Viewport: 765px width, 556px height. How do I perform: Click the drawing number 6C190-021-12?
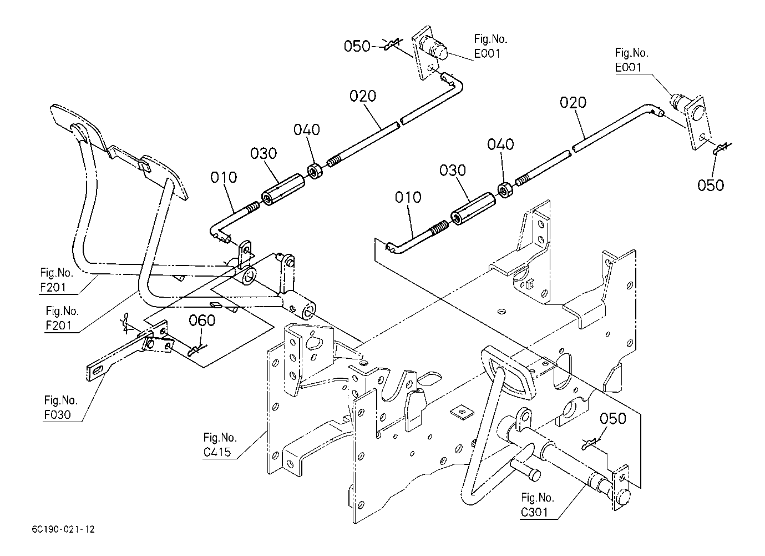tap(63, 529)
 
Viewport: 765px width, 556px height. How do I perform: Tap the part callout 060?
tap(202, 320)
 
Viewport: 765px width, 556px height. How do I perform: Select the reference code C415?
tap(217, 452)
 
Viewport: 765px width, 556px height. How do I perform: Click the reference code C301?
tap(535, 512)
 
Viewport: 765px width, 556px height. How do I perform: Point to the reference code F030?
tap(57, 415)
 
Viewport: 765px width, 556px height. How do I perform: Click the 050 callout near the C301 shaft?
tap(613, 419)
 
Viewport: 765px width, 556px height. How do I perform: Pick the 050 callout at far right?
tap(711, 186)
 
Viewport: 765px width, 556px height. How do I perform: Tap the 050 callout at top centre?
tap(357, 46)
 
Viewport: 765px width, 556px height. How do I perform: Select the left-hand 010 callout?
tap(224, 178)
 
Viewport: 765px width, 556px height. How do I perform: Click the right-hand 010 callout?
tap(408, 197)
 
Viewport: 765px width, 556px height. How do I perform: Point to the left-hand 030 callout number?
tap(264, 153)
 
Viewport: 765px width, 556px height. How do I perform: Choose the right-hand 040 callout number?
tap(501, 144)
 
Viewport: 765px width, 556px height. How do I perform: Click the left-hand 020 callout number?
tap(363, 96)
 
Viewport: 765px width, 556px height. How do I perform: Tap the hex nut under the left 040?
tap(314, 171)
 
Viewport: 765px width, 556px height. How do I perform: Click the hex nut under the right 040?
tap(504, 190)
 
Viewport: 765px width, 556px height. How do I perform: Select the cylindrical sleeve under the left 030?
tap(283, 190)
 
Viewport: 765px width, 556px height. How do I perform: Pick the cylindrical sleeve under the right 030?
tap(473, 209)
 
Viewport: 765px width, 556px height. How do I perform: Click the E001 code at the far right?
tap(629, 67)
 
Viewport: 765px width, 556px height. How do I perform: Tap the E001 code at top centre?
tap(487, 53)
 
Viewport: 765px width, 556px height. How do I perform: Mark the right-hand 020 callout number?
tap(573, 103)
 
